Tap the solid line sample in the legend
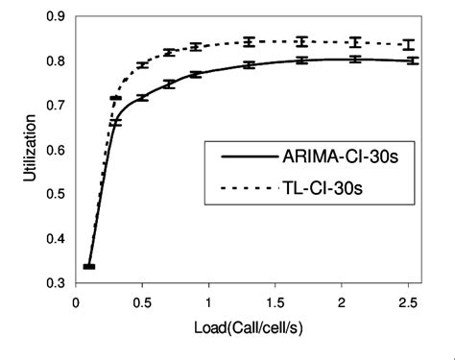(247, 157)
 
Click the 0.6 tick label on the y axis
(56, 150)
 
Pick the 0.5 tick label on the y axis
(56, 194)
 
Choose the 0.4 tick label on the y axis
(56, 238)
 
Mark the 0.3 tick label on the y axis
(56, 282)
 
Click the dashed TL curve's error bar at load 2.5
(408, 44)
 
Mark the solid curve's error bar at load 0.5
(142, 98)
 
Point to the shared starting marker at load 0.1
(89, 267)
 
